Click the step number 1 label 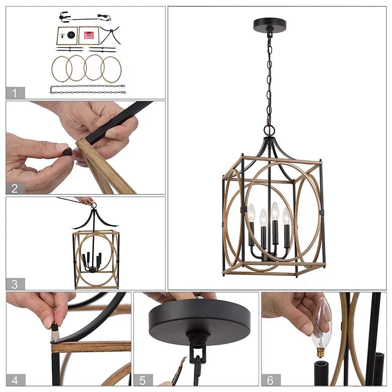click(15, 93)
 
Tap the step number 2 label click(15, 188)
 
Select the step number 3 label click(15, 284)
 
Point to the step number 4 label click(16, 380)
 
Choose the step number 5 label click(143, 380)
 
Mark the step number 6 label click(271, 380)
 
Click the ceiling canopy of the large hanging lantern click(270, 24)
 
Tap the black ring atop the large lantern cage click(269, 130)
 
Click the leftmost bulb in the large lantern click(251, 213)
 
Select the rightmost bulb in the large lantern click(286, 216)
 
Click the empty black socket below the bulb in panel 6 click(321, 373)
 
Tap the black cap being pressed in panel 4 click(54, 326)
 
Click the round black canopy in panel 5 click(200, 319)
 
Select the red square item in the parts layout click(89, 35)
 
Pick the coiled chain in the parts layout click(87, 89)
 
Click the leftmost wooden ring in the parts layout click(62, 68)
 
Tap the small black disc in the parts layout click(71, 35)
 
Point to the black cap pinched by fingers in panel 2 click(67, 151)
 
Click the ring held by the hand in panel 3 click(93, 206)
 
